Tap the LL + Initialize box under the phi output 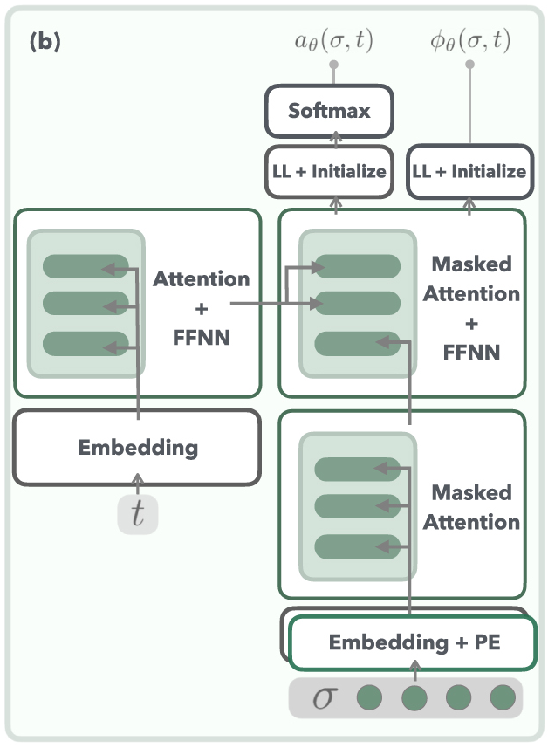pos(469,170)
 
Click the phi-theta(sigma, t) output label pos(469,41)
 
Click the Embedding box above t pos(137,448)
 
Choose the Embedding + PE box pos(411,643)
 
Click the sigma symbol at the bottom pos(323,697)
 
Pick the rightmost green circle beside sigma pos(503,697)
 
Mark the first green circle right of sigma pos(369,697)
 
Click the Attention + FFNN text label pos(201,306)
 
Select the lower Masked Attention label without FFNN pos(471,507)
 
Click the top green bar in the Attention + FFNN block pos(85,265)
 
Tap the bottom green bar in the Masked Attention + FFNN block pos(357,343)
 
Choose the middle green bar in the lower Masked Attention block pos(357,507)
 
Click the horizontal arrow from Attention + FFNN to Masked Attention pos(271,304)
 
